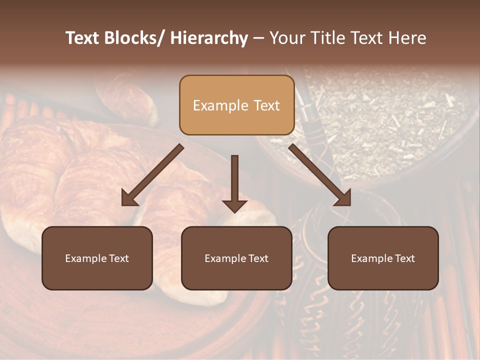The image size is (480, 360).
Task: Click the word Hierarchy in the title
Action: (x=209, y=38)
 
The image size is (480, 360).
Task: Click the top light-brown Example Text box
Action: (x=236, y=105)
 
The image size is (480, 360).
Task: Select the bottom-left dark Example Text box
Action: (x=97, y=258)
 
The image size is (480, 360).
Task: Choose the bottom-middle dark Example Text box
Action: (x=236, y=258)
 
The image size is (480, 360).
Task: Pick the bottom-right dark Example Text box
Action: (x=383, y=258)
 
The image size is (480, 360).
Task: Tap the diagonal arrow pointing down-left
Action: (x=152, y=175)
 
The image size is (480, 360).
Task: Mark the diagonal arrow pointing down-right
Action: (x=320, y=175)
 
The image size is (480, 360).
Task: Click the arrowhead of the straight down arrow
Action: (x=234, y=206)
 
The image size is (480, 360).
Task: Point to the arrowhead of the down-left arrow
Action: (x=129, y=198)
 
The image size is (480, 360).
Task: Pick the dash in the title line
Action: (x=258, y=38)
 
